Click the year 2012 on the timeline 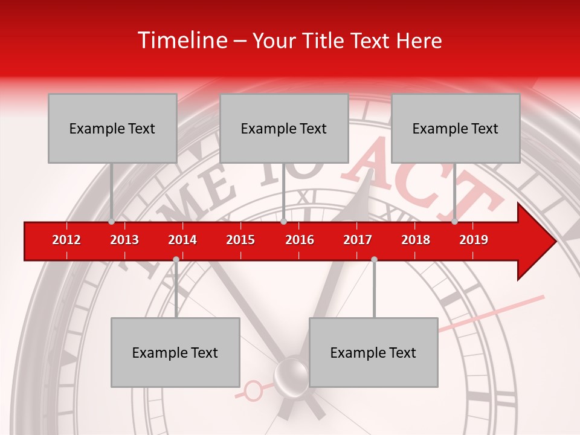[x=66, y=240]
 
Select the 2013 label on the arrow [x=124, y=240]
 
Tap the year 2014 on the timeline [x=182, y=240]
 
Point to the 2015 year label [x=240, y=240]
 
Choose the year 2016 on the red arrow [x=300, y=240]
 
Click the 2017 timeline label [x=358, y=240]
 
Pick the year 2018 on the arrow [x=416, y=240]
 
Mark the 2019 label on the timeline [x=474, y=240]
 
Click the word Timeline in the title [x=181, y=40]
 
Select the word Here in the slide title [x=419, y=40]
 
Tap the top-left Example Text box [x=112, y=128]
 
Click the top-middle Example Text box [x=284, y=128]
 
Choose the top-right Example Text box [x=456, y=128]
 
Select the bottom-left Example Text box [x=175, y=352]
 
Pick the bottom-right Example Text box [x=373, y=352]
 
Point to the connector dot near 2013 [x=111, y=221]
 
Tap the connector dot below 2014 [x=176, y=259]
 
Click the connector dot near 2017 [x=374, y=259]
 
